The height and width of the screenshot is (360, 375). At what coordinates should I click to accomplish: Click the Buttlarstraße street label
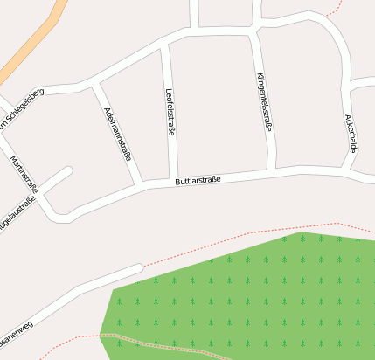point(198,181)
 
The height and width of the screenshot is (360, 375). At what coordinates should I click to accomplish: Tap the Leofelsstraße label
point(170,111)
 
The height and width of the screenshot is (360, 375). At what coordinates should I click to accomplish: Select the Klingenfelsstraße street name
point(264,102)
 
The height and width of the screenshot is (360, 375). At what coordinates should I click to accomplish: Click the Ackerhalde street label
point(351,134)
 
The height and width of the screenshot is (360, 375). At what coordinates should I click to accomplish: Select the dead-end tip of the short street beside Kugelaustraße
point(67,170)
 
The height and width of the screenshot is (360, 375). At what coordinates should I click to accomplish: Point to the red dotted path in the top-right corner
point(333,11)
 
